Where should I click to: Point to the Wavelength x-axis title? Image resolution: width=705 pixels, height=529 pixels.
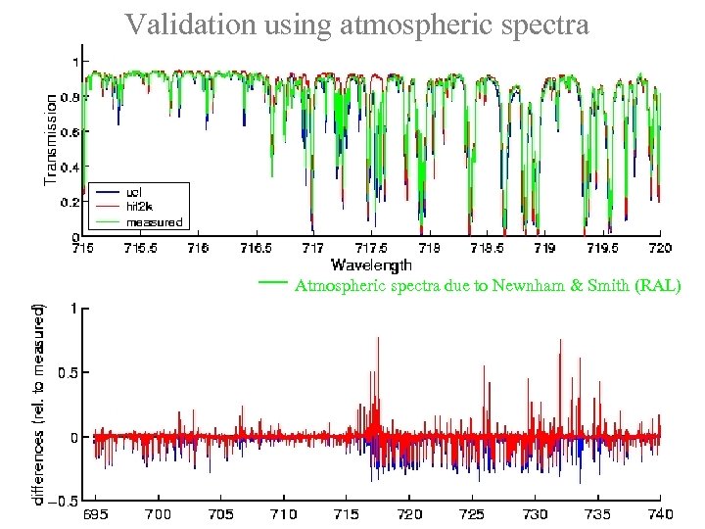371,264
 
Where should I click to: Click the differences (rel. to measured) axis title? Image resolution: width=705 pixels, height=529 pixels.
37,403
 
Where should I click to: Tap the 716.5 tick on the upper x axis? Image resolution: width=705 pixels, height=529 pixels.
256,249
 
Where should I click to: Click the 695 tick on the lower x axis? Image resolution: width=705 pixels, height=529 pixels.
94,513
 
